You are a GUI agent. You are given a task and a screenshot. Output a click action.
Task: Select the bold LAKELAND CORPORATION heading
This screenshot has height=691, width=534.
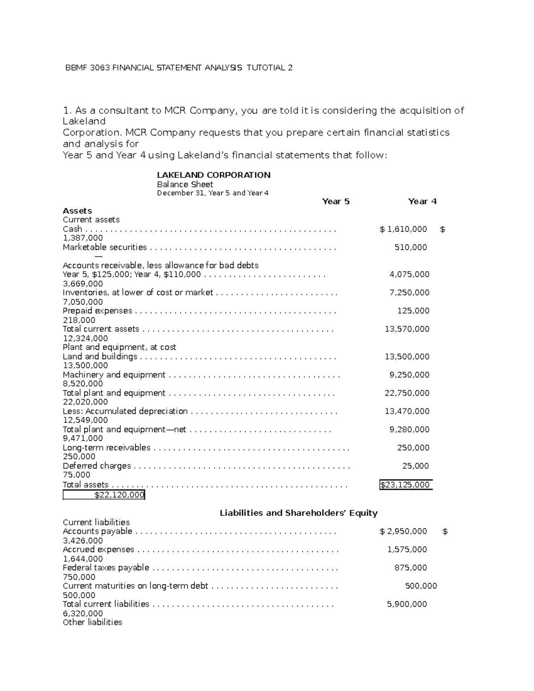click(x=214, y=175)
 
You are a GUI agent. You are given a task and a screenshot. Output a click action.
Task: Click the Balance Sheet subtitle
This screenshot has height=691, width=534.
click(x=185, y=184)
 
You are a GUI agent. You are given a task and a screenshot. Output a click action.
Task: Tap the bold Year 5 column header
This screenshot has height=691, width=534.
click(x=336, y=202)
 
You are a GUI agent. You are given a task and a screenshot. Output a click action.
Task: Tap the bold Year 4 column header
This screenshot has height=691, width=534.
click(x=422, y=202)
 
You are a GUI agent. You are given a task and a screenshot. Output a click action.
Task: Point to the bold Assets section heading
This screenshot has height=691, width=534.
click(x=77, y=211)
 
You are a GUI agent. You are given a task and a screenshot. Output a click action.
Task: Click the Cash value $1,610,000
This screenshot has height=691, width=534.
click(x=403, y=229)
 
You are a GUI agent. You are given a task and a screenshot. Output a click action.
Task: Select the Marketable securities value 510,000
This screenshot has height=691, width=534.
click(x=410, y=247)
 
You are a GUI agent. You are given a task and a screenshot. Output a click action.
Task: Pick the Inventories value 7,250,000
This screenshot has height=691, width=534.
click(x=409, y=293)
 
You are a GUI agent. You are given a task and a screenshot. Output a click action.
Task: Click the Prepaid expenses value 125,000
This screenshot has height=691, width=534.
click(x=413, y=311)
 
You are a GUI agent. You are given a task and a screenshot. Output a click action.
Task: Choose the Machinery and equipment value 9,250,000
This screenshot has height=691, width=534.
click(x=409, y=375)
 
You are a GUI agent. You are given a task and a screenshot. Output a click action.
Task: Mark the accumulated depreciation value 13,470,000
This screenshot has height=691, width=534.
click(x=407, y=412)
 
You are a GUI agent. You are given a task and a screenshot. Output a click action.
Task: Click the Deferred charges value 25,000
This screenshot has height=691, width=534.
click(x=415, y=466)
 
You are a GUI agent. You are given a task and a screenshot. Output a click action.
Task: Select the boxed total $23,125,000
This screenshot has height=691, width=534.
click(x=405, y=485)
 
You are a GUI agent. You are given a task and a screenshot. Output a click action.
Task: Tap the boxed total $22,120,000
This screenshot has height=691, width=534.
click(x=119, y=495)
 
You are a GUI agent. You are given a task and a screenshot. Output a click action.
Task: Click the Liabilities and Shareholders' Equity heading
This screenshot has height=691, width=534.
click(x=299, y=513)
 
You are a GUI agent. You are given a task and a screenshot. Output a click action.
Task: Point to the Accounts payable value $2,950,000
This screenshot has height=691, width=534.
click(x=403, y=531)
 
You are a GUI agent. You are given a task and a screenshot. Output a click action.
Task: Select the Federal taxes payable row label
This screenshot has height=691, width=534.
click(x=106, y=568)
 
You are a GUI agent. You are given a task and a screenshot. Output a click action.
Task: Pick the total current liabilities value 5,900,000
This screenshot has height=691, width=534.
click(x=407, y=604)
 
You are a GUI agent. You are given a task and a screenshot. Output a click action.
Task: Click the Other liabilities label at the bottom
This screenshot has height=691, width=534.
click(x=93, y=622)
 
